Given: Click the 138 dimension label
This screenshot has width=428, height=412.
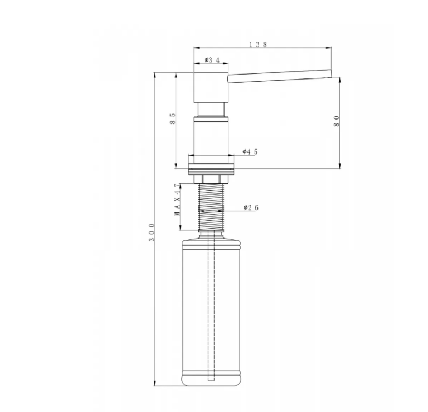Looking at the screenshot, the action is [258, 44].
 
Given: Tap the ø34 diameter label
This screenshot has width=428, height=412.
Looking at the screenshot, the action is [212, 60].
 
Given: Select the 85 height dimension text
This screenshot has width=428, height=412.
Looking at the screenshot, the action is [173, 119].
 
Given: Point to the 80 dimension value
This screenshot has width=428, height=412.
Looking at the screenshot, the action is [336, 121].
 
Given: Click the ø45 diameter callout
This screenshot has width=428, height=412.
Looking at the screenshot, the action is [250, 152].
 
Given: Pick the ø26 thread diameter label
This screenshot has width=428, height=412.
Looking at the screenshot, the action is [251, 207].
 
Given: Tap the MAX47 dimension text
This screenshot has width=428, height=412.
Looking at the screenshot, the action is [178, 200].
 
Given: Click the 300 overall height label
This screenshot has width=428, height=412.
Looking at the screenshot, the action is [152, 232].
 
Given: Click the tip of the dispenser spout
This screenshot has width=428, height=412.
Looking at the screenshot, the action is [331, 73].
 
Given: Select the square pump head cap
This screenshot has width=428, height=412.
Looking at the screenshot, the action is [211, 87].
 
